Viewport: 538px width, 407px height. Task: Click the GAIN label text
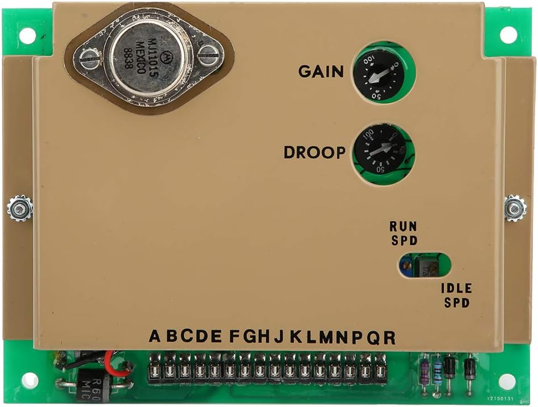(x=320, y=72)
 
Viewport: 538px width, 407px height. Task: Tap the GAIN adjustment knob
(x=379, y=75)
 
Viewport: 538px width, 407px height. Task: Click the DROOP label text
(x=314, y=152)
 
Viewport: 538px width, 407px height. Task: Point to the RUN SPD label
(x=403, y=233)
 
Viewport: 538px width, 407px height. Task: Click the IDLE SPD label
(x=456, y=295)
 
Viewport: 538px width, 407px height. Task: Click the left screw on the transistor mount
(x=89, y=58)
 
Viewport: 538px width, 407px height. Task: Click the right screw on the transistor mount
(x=208, y=54)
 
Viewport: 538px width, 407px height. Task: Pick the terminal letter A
(x=155, y=336)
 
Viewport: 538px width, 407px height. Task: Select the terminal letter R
(x=389, y=338)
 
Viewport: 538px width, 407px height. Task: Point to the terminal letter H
(x=263, y=336)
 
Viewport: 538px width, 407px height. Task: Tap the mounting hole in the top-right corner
(x=508, y=35)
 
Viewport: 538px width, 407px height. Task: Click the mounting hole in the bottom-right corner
(x=507, y=381)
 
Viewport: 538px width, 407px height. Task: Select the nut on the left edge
(x=20, y=208)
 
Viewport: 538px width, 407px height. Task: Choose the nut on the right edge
(x=515, y=208)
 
